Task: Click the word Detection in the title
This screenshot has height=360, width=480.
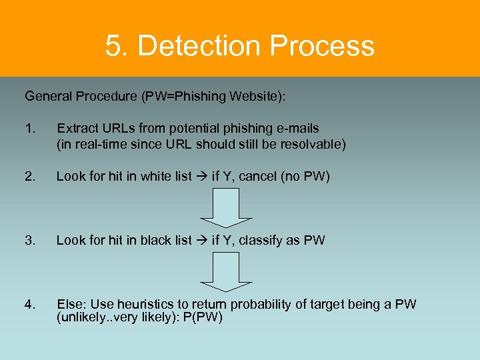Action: pos(202,46)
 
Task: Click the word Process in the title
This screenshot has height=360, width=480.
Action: pos(324,46)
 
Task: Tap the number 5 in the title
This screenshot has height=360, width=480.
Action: pos(113,46)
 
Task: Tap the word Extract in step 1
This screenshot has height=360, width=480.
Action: pos(76,128)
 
